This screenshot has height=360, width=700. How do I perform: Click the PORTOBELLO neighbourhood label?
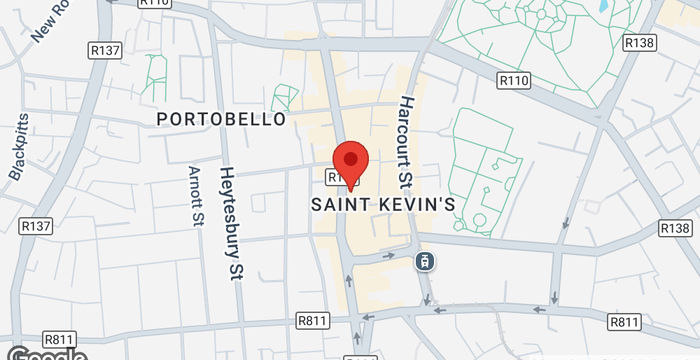[221, 118]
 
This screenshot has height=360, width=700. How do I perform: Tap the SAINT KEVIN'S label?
[384, 204]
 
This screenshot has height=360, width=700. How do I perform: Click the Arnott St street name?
[195, 197]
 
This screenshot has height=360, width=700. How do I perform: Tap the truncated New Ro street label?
[53, 20]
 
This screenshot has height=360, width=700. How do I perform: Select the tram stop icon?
[425, 261]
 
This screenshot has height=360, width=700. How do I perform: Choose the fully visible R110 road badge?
[513, 78]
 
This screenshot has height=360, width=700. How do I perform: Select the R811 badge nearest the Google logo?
[57, 339]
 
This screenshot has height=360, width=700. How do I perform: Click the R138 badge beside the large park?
[638, 43]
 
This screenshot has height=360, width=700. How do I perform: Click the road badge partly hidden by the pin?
[335, 177]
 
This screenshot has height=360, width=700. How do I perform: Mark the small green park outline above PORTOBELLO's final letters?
[285, 97]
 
